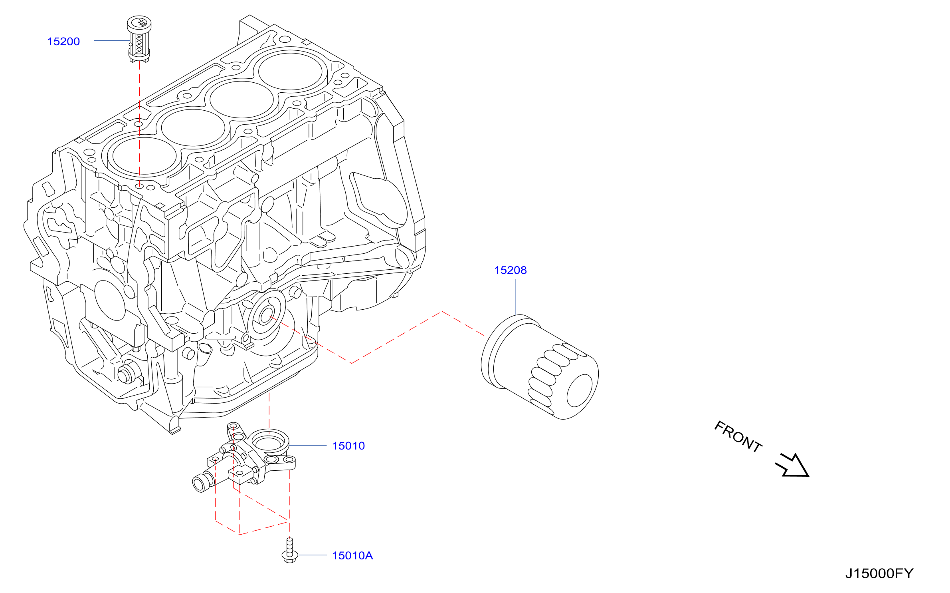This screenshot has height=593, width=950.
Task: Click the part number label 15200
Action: tap(63, 42)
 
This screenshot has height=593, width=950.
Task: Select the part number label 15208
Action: tap(511, 271)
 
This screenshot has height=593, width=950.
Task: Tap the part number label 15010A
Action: tap(352, 556)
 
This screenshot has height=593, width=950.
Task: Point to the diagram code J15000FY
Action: tap(879, 574)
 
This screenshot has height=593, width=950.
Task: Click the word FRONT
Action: tap(738, 437)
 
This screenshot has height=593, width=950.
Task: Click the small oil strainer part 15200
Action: tap(139, 39)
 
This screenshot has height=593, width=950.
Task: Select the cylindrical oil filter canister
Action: tap(540, 367)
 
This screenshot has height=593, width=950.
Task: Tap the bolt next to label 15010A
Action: tap(290, 551)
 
